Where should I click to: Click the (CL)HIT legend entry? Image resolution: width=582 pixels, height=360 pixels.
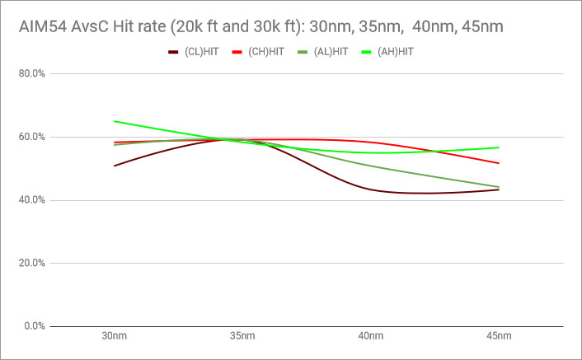point(194,53)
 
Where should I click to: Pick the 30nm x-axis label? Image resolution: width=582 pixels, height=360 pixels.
point(115,337)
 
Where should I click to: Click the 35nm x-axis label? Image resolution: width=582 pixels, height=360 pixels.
point(242,337)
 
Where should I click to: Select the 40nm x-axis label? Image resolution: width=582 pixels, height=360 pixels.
point(371,337)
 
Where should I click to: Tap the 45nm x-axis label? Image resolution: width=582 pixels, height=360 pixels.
point(499,337)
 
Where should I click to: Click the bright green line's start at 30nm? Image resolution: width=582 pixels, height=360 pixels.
point(115,121)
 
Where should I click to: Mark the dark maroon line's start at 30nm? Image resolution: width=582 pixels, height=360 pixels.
point(115,166)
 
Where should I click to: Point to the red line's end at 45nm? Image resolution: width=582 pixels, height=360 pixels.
point(499,163)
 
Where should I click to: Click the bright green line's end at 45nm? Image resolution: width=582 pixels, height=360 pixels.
point(499,147)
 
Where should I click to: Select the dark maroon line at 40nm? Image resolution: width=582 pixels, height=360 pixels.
point(371,189)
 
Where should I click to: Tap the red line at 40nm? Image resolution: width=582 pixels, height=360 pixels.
point(371,143)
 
